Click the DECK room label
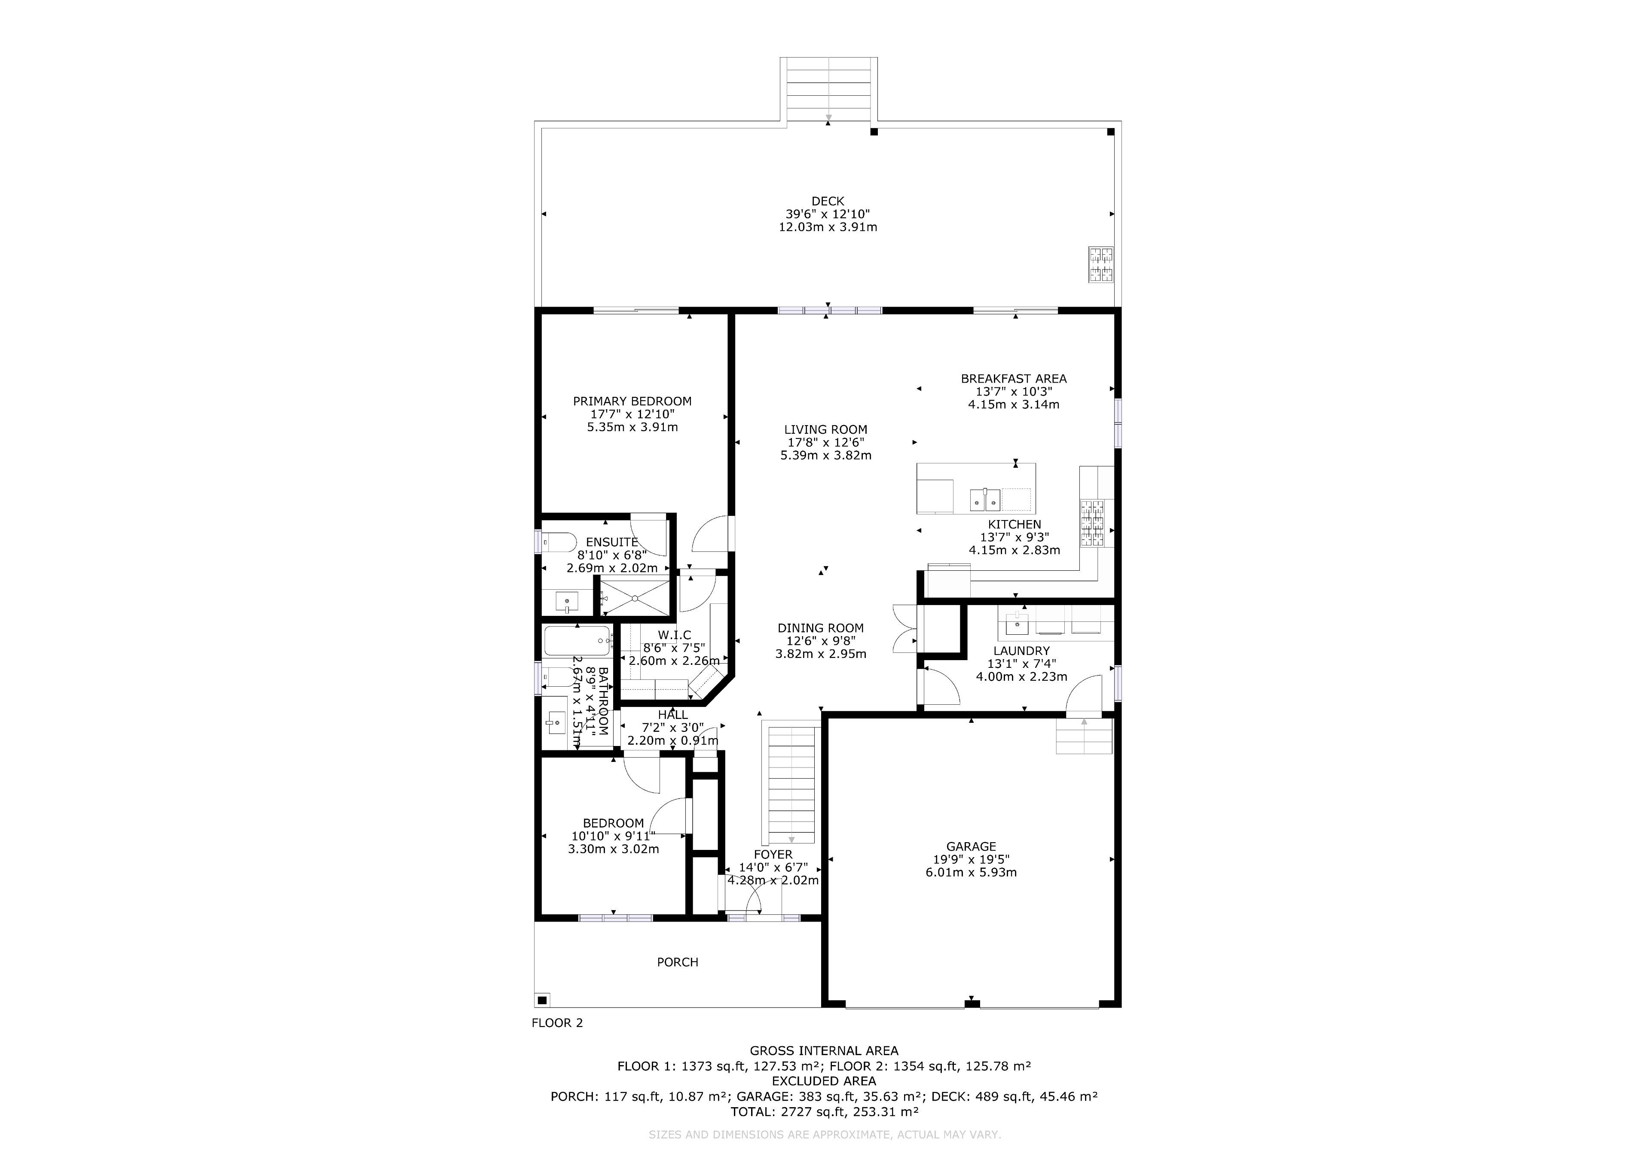point(828,201)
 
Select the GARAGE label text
point(971,847)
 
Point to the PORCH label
point(678,962)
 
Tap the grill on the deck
point(1102,265)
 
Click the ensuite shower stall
point(635,597)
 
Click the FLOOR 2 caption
point(557,1023)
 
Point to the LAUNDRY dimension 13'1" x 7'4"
point(1021,664)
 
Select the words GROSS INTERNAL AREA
point(824,1051)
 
